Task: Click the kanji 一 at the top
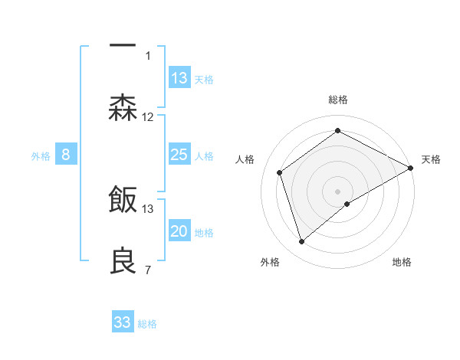pyautogui.click(x=123, y=45)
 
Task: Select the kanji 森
pyautogui.click(x=123, y=108)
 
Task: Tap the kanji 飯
pyautogui.click(x=123, y=200)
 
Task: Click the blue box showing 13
pyautogui.click(x=179, y=78)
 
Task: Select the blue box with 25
pyautogui.click(x=179, y=155)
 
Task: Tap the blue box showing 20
pyautogui.click(x=179, y=231)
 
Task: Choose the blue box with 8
pyautogui.click(x=66, y=155)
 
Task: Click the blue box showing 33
pyautogui.click(x=123, y=322)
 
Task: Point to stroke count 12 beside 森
pyautogui.click(x=148, y=117)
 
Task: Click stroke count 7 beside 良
pyautogui.click(x=147, y=270)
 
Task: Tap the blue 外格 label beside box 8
pyautogui.click(x=41, y=155)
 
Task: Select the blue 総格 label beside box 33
pyautogui.click(x=148, y=324)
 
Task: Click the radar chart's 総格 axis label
pyautogui.click(x=338, y=100)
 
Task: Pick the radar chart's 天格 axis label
pyautogui.click(x=431, y=159)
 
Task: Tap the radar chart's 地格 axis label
pyautogui.click(x=402, y=262)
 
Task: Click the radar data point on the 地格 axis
pyautogui.click(x=347, y=204)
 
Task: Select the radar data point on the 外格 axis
pyautogui.click(x=301, y=242)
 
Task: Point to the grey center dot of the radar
pyautogui.click(x=338, y=191)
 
